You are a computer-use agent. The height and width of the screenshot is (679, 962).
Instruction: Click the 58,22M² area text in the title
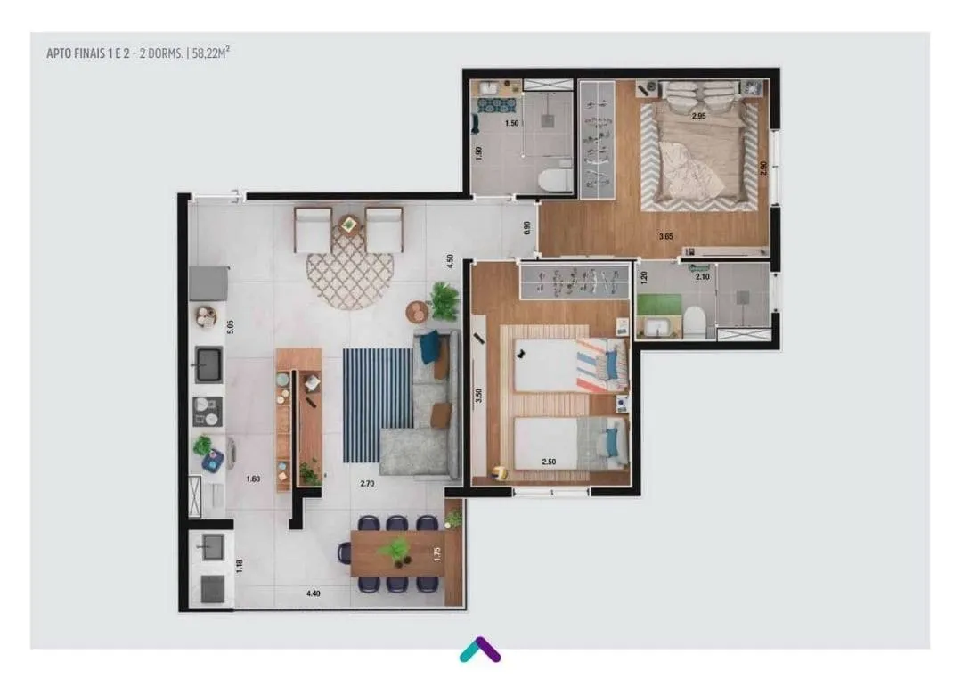210,53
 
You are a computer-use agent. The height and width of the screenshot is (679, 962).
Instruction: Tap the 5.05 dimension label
230,327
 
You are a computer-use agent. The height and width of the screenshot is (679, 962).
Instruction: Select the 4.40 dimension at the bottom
313,593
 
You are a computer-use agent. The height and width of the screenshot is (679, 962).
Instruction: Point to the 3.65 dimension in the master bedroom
665,236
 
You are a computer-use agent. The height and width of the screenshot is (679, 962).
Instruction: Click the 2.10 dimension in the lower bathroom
702,277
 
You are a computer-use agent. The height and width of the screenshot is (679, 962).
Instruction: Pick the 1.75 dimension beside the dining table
436,553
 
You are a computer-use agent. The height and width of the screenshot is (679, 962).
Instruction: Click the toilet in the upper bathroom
555,181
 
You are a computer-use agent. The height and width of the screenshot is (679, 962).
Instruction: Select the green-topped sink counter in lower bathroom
659,316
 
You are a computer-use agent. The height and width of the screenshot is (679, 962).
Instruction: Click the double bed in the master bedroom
699,144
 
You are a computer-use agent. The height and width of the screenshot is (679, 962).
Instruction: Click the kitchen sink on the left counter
208,364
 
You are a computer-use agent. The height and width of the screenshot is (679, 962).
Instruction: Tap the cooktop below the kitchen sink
208,412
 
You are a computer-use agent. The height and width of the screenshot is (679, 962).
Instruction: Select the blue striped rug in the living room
378,405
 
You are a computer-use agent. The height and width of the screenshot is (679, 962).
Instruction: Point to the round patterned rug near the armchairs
349,274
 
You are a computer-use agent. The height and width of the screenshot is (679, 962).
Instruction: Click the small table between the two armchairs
348,225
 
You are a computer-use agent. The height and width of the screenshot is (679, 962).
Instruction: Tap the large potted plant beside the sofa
444,301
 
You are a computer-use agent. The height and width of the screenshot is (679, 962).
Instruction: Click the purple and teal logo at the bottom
480,650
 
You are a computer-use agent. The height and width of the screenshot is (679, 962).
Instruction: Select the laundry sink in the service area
213,545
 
